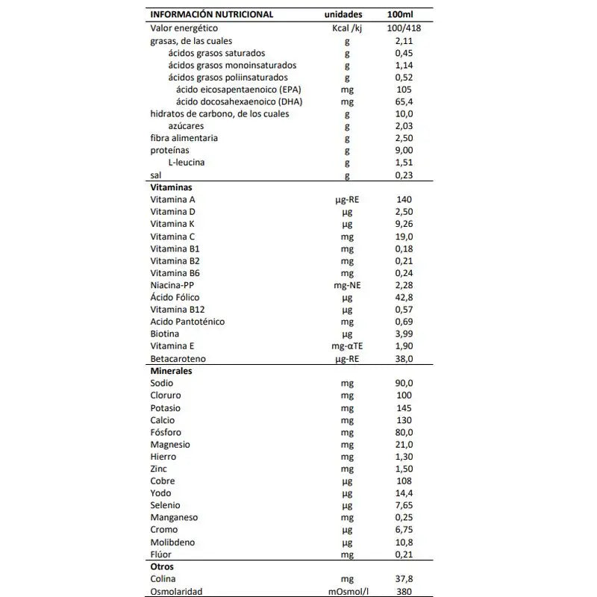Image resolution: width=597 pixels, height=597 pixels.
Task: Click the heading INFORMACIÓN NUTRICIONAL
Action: (x=212, y=14)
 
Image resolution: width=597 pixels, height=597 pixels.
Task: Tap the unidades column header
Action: (x=344, y=14)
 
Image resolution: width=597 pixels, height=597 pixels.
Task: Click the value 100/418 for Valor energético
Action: (x=402, y=28)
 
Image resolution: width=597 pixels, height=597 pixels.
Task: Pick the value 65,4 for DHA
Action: (x=403, y=101)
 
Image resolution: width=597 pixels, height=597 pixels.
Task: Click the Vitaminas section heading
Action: (x=172, y=187)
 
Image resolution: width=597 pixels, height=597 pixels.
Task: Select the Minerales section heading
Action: (x=172, y=371)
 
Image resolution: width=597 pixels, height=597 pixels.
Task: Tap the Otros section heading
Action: (x=162, y=567)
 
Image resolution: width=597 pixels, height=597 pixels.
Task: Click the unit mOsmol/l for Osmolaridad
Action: (x=346, y=592)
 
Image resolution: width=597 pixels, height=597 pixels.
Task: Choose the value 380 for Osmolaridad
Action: (x=403, y=592)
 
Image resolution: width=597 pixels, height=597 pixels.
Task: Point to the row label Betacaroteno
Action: (x=178, y=359)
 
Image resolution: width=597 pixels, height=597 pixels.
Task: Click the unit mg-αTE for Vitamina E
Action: (x=346, y=346)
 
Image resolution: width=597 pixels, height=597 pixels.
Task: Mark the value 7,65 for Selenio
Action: (x=403, y=506)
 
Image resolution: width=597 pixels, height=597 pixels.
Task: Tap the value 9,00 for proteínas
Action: (x=403, y=151)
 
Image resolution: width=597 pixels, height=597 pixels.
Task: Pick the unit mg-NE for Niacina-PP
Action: (x=346, y=285)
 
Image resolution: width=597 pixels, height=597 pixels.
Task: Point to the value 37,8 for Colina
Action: (x=403, y=579)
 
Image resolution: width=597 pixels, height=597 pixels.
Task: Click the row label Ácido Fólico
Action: (x=177, y=297)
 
